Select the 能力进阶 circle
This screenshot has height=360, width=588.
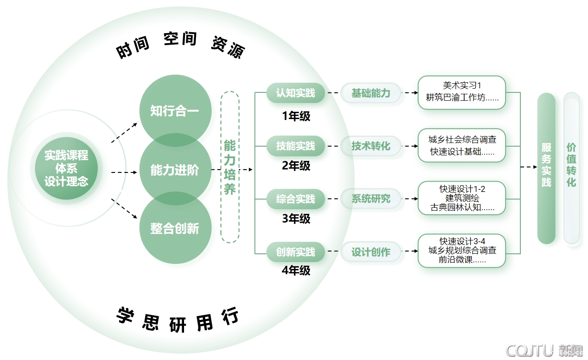click(175, 170)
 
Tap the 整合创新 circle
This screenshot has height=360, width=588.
click(175, 229)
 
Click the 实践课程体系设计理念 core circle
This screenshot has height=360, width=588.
click(66, 168)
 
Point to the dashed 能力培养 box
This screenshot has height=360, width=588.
click(230, 167)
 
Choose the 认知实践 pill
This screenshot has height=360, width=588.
click(296, 93)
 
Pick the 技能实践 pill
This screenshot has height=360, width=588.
click(296, 146)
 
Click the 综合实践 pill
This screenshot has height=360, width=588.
click(296, 199)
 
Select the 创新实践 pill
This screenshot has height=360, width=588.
click(296, 252)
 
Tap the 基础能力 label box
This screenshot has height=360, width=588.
click(371, 93)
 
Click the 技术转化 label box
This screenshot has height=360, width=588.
click(371, 146)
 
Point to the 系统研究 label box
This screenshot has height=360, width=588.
click(371, 199)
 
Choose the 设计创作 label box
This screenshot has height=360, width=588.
click(371, 252)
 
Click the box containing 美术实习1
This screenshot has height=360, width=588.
click(461, 92)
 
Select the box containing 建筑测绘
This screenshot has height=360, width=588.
click(461, 198)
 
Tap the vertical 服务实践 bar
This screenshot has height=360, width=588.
click(546, 168)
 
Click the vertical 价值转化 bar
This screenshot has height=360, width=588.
click(571, 168)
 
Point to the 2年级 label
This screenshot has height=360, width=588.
click(296, 166)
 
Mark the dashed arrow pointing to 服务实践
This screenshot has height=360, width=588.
click(529, 167)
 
